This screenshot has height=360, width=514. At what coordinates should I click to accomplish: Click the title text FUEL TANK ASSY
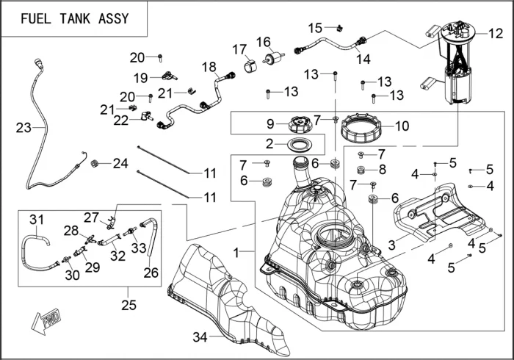[74, 19]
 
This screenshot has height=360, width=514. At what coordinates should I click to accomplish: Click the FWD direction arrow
[46, 320]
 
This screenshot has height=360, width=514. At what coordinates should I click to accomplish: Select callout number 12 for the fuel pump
[496, 33]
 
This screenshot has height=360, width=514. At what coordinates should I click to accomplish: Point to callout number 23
[23, 128]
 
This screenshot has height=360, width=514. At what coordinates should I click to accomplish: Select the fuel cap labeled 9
[301, 123]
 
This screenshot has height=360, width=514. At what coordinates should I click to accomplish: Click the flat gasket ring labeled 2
[301, 143]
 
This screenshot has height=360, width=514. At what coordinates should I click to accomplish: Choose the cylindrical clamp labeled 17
[249, 65]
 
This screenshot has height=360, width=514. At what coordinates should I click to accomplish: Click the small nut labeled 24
[95, 163]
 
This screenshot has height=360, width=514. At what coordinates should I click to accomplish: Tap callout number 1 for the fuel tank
[236, 252]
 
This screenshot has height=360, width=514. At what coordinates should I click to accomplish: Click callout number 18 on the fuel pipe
[209, 67]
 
